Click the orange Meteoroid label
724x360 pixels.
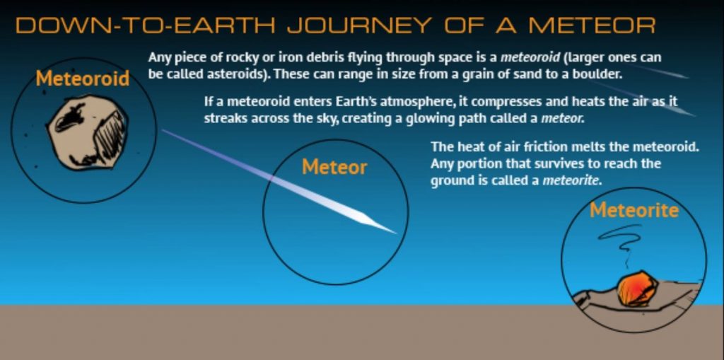tap(83, 79)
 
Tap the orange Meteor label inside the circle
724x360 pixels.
tap(334, 167)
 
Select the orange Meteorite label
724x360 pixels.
tap(634, 210)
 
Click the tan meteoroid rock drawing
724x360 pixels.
tap(87, 132)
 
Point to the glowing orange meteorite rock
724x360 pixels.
tap(638, 289)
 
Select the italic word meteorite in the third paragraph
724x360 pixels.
tap(571, 180)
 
